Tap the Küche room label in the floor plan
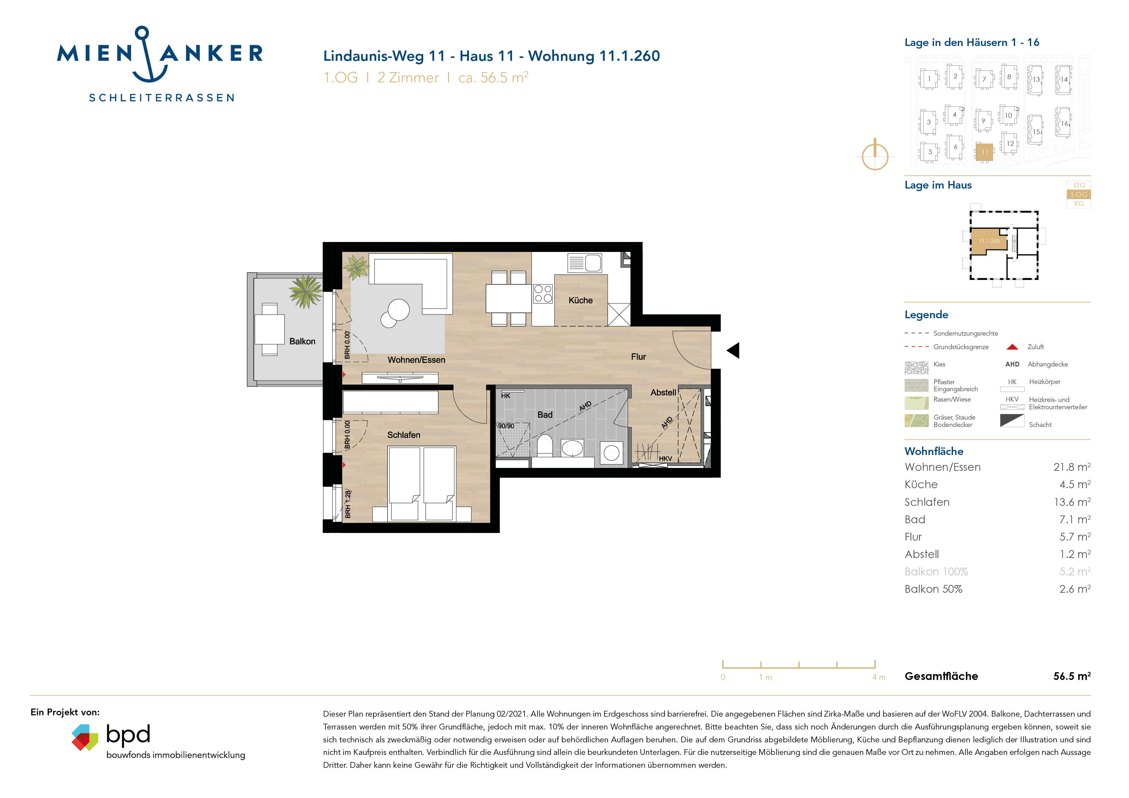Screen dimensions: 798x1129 click(580, 301)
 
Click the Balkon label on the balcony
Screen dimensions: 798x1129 click(302, 341)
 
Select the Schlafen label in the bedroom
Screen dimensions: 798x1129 click(403, 435)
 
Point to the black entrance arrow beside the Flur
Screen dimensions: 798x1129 click(733, 350)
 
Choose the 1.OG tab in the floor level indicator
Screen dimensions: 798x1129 click(1078, 195)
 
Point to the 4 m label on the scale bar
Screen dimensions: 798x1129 click(878, 678)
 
